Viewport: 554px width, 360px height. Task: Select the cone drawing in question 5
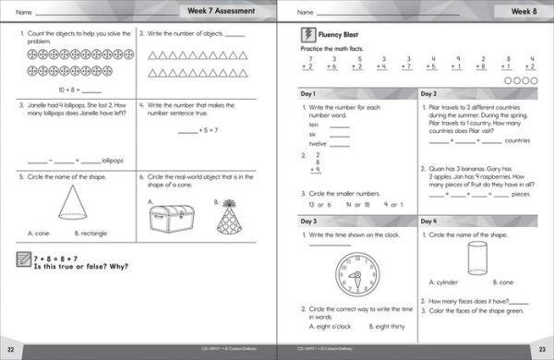[73, 200]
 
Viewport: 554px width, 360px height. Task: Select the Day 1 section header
[307, 94]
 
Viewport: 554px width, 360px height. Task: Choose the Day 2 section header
[429, 94]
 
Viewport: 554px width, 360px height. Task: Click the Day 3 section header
[307, 222]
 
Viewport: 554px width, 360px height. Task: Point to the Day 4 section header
[429, 222]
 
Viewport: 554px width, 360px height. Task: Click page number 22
[10, 352]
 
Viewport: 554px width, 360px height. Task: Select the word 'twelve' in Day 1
[318, 144]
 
